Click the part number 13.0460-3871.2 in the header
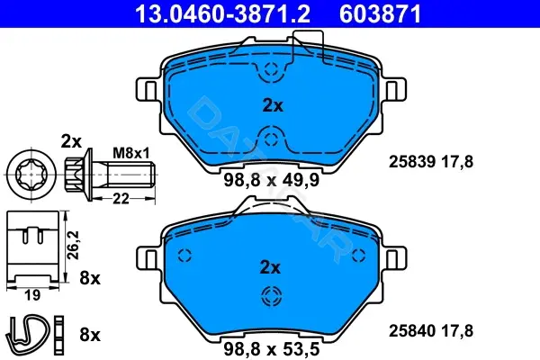click(x=222, y=14)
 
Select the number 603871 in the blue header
click(x=380, y=14)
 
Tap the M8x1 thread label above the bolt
click(x=131, y=153)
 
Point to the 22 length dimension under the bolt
click(x=121, y=199)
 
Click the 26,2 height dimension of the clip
click(x=74, y=245)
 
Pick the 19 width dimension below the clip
click(x=32, y=295)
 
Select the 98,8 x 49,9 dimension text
click(x=272, y=180)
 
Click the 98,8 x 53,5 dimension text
click(x=272, y=349)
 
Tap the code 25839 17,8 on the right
click(x=431, y=162)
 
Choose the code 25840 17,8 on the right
click(x=431, y=331)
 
